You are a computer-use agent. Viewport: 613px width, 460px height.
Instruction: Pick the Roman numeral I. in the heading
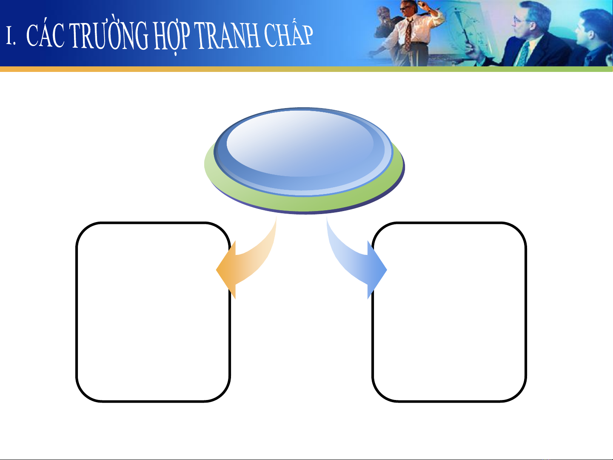(x=11, y=35)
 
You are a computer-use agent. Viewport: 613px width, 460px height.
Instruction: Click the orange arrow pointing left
(x=246, y=258)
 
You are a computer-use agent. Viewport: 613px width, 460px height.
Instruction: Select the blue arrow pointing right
(x=356, y=258)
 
